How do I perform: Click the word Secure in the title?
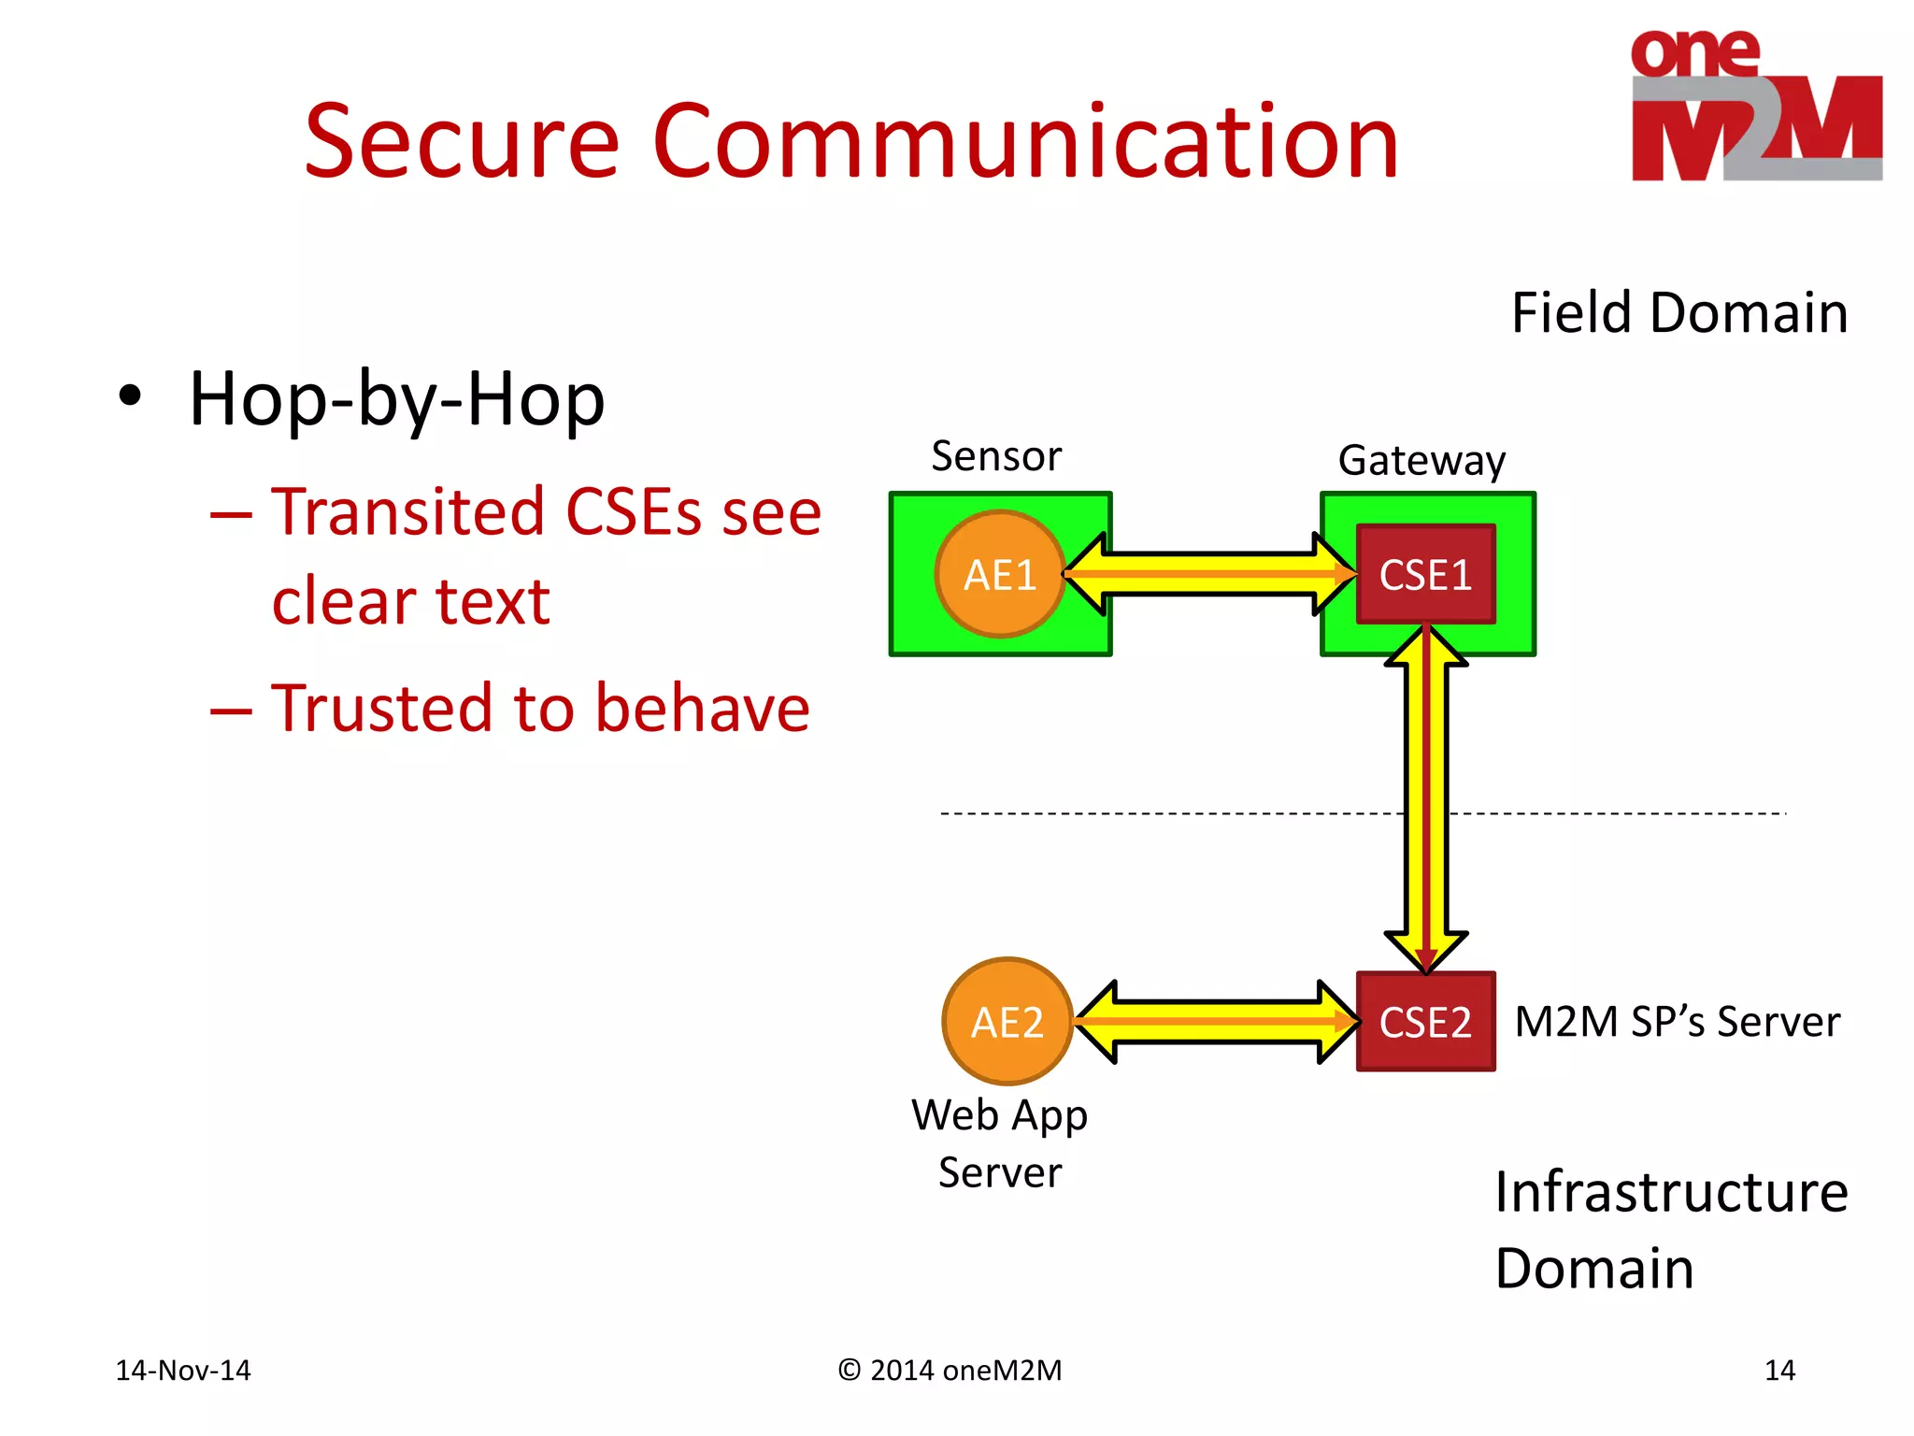[x=462, y=142]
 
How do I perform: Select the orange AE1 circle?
[x=999, y=574]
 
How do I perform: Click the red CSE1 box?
[x=1425, y=574]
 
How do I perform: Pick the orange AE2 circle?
[x=1007, y=1021]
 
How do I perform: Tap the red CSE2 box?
[x=1425, y=1021]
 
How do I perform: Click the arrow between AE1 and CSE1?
[x=1210, y=574]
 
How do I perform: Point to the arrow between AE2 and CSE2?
[x=1215, y=1021]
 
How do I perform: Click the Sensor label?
[x=996, y=456]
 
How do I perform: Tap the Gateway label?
[x=1421, y=461]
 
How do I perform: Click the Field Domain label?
[x=1679, y=312]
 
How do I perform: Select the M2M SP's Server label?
[x=1677, y=1021]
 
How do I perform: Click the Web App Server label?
[x=999, y=1142]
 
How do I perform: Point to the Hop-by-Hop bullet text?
[x=396, y=399]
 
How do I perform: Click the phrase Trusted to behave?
[x=539, y=708]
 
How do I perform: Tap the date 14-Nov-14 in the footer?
[x=183, y=1370]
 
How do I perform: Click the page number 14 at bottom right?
[x=1779, y=1370]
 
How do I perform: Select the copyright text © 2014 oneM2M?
[x=950, y=1370]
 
